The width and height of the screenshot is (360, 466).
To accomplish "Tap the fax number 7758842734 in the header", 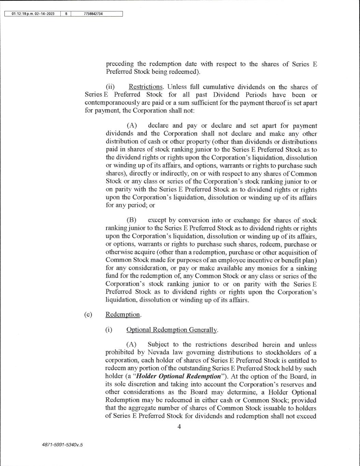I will (x=93, y=14).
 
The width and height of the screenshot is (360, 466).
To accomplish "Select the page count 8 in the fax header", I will (x=66, y=14).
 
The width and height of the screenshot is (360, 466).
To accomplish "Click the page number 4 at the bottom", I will (x=179, y=426).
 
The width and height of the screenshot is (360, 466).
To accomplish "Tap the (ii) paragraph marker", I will (x=111, y=87).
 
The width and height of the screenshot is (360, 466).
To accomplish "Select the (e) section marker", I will (x=88, y=314).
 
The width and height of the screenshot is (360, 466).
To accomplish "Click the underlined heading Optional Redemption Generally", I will (x=172, y=330).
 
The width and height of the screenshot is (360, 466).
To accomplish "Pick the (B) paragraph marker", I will (x=132, y=220).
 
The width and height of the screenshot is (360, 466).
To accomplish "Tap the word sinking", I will (x=304, y=268).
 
